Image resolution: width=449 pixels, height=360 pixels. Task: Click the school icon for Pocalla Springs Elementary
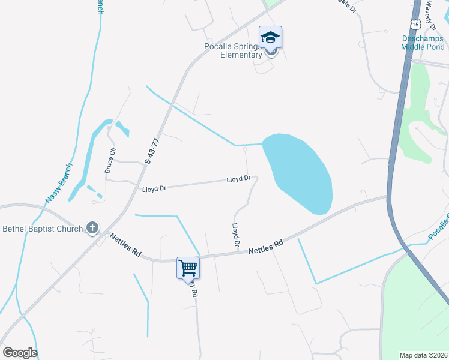click(270, 38)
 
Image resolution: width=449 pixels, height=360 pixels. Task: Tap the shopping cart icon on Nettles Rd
click(188, 267)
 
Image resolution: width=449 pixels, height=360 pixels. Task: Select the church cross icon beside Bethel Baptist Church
click(92, 227)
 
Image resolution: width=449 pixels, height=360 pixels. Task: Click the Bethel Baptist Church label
click(42, 228)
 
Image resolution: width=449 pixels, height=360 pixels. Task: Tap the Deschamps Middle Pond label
click(423, 43)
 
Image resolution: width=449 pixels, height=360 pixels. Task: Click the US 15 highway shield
click(415, 24)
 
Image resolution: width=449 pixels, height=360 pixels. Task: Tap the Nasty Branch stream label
click(59, 182)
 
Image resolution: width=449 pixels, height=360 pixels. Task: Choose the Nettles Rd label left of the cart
click(125, 245)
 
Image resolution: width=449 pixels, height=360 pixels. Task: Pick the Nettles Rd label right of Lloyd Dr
click(265, 247)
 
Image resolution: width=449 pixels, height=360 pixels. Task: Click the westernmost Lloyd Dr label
click(154, 188)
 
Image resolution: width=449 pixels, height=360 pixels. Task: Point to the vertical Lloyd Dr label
click(236, 235)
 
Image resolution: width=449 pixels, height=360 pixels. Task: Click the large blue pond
click(300, 171)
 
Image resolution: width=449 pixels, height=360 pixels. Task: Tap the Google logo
click(20, 353)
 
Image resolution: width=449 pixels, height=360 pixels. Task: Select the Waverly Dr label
click(430, 11)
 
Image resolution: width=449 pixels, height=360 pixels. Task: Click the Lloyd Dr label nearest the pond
click(238, 179)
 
